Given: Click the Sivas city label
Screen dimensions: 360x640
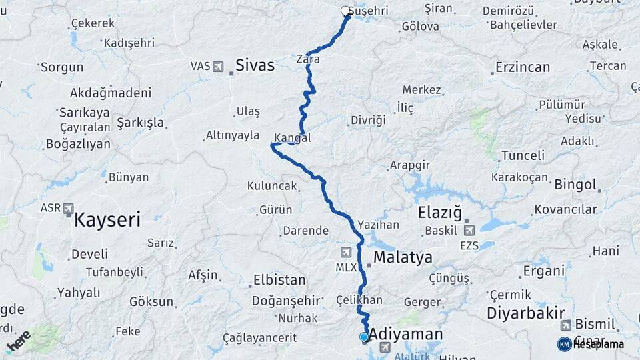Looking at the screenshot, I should click(x=255, y=65).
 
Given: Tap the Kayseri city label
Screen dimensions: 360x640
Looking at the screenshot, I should click(x=107, y=219).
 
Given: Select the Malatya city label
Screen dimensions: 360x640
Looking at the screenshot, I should click(x=403, y=257).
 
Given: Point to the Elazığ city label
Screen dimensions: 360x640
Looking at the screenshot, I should click(x=439, y=213).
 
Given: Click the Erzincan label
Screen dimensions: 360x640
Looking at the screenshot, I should click(x=523, y=67).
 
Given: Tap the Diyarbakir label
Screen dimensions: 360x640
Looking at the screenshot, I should click(x=526, y=313).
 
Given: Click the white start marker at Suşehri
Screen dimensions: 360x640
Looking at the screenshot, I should click(x=345, y=11).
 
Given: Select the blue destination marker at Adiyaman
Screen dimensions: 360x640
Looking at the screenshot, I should click(x=364, y=337).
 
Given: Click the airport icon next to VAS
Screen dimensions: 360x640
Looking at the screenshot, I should click(x=218, y=66).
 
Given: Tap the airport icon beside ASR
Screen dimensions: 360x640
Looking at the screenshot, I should click(x=68, y=209).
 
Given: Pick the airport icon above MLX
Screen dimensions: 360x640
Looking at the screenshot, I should click(x=345, y=252).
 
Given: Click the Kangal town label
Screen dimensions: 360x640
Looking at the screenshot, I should click(x=293, y=139).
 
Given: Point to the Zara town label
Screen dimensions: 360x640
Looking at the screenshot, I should click(x=309, y=59).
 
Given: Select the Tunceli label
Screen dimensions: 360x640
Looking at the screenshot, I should click(x=523, y=155).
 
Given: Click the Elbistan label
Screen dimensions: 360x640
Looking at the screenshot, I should click(x=279, y=280).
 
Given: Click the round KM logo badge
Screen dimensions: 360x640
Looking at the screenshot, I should click(x=564, y=344).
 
